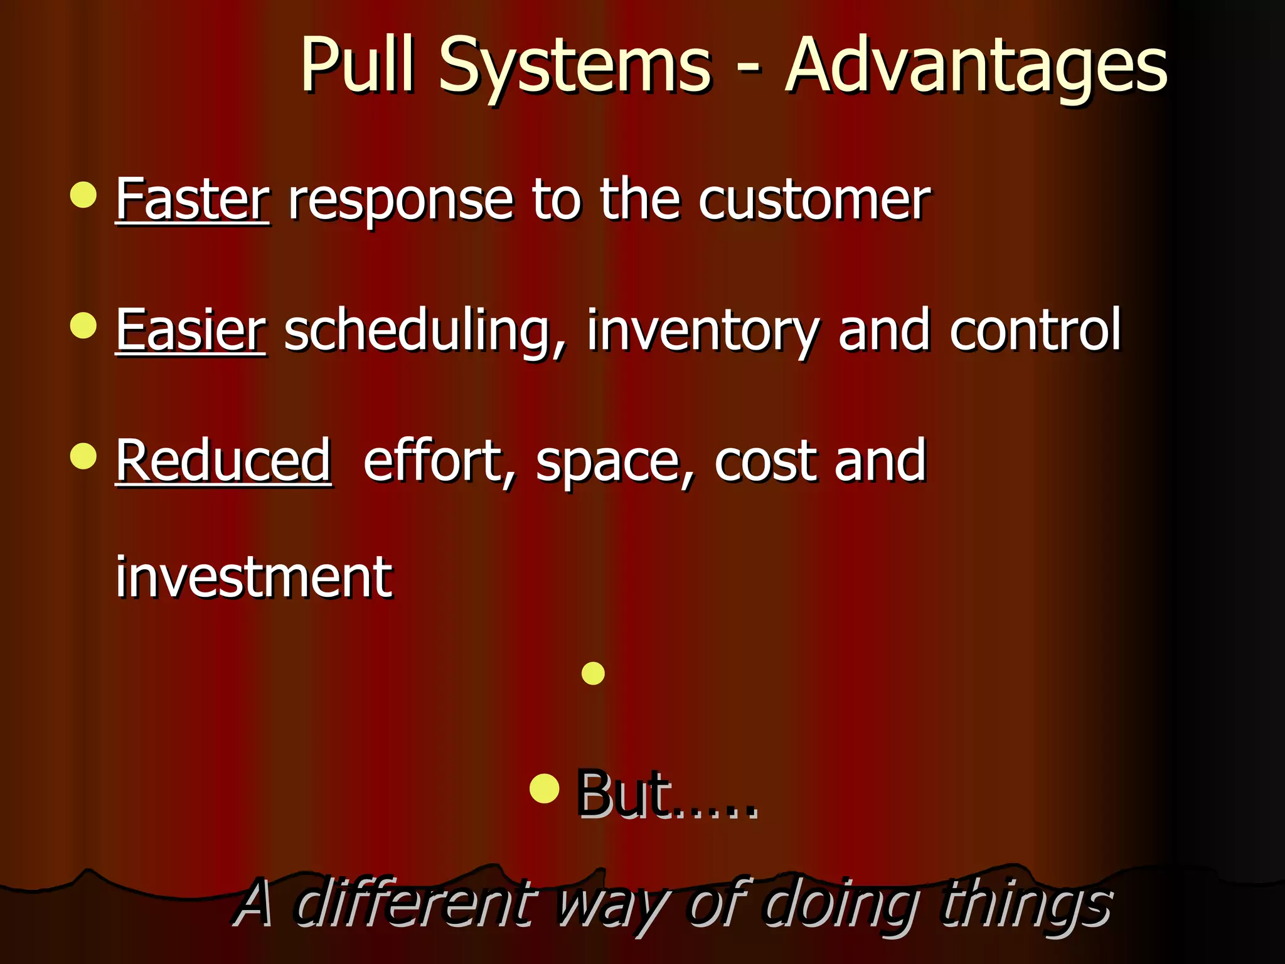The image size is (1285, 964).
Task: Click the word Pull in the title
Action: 358,64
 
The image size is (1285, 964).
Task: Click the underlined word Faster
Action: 193,200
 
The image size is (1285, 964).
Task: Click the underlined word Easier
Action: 191,330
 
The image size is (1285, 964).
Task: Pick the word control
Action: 1035,330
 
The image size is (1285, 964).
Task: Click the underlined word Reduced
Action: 223,461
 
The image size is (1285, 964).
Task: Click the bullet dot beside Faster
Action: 83,195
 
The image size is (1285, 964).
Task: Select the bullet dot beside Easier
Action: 83,326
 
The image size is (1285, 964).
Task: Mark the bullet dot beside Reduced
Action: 83,456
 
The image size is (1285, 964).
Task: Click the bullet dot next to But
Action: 544,788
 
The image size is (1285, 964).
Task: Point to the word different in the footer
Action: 414,904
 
